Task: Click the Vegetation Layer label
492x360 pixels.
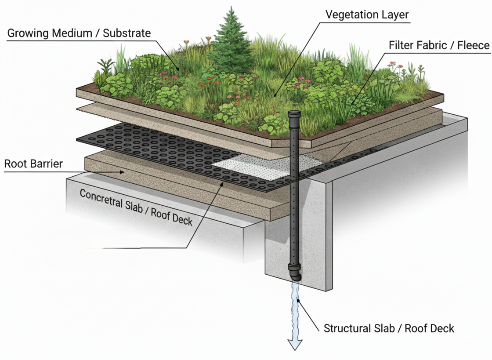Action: tap(367, 14)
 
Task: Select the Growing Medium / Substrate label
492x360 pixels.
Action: tap(79, 33)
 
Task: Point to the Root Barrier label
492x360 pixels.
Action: tap(33, 164)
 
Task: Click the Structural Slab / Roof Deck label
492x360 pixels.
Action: tap(389, 328)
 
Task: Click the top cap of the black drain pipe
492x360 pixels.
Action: tap(293, 114)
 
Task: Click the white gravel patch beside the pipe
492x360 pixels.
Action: tap(250, 167)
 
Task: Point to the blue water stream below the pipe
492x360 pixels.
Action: tap(295, 308)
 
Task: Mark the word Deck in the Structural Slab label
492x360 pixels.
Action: tap(443, 328)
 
